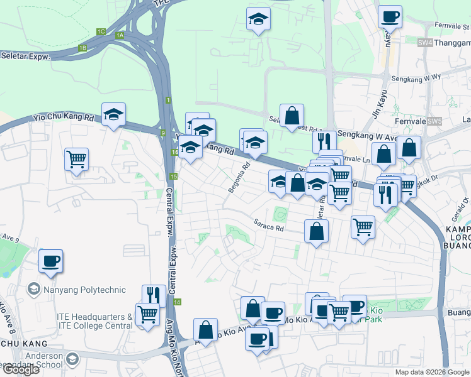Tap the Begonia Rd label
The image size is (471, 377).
(x=240, y=178)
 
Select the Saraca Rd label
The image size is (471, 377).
(x=269, y=225)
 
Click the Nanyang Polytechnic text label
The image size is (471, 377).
(x=84, y=290)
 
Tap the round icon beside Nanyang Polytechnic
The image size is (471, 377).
(x=33, y=290)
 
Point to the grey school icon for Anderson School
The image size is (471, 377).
(x=74, y=358)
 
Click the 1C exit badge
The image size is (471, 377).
(x=101, y=31)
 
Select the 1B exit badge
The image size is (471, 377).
(x=82, y=48)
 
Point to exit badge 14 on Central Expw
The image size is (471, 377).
(x=178, y=302)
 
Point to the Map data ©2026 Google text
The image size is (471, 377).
(x=432, y=372)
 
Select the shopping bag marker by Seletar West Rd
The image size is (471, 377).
(x=292, y=116)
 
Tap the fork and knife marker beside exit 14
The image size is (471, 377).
(x=154, y=295)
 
